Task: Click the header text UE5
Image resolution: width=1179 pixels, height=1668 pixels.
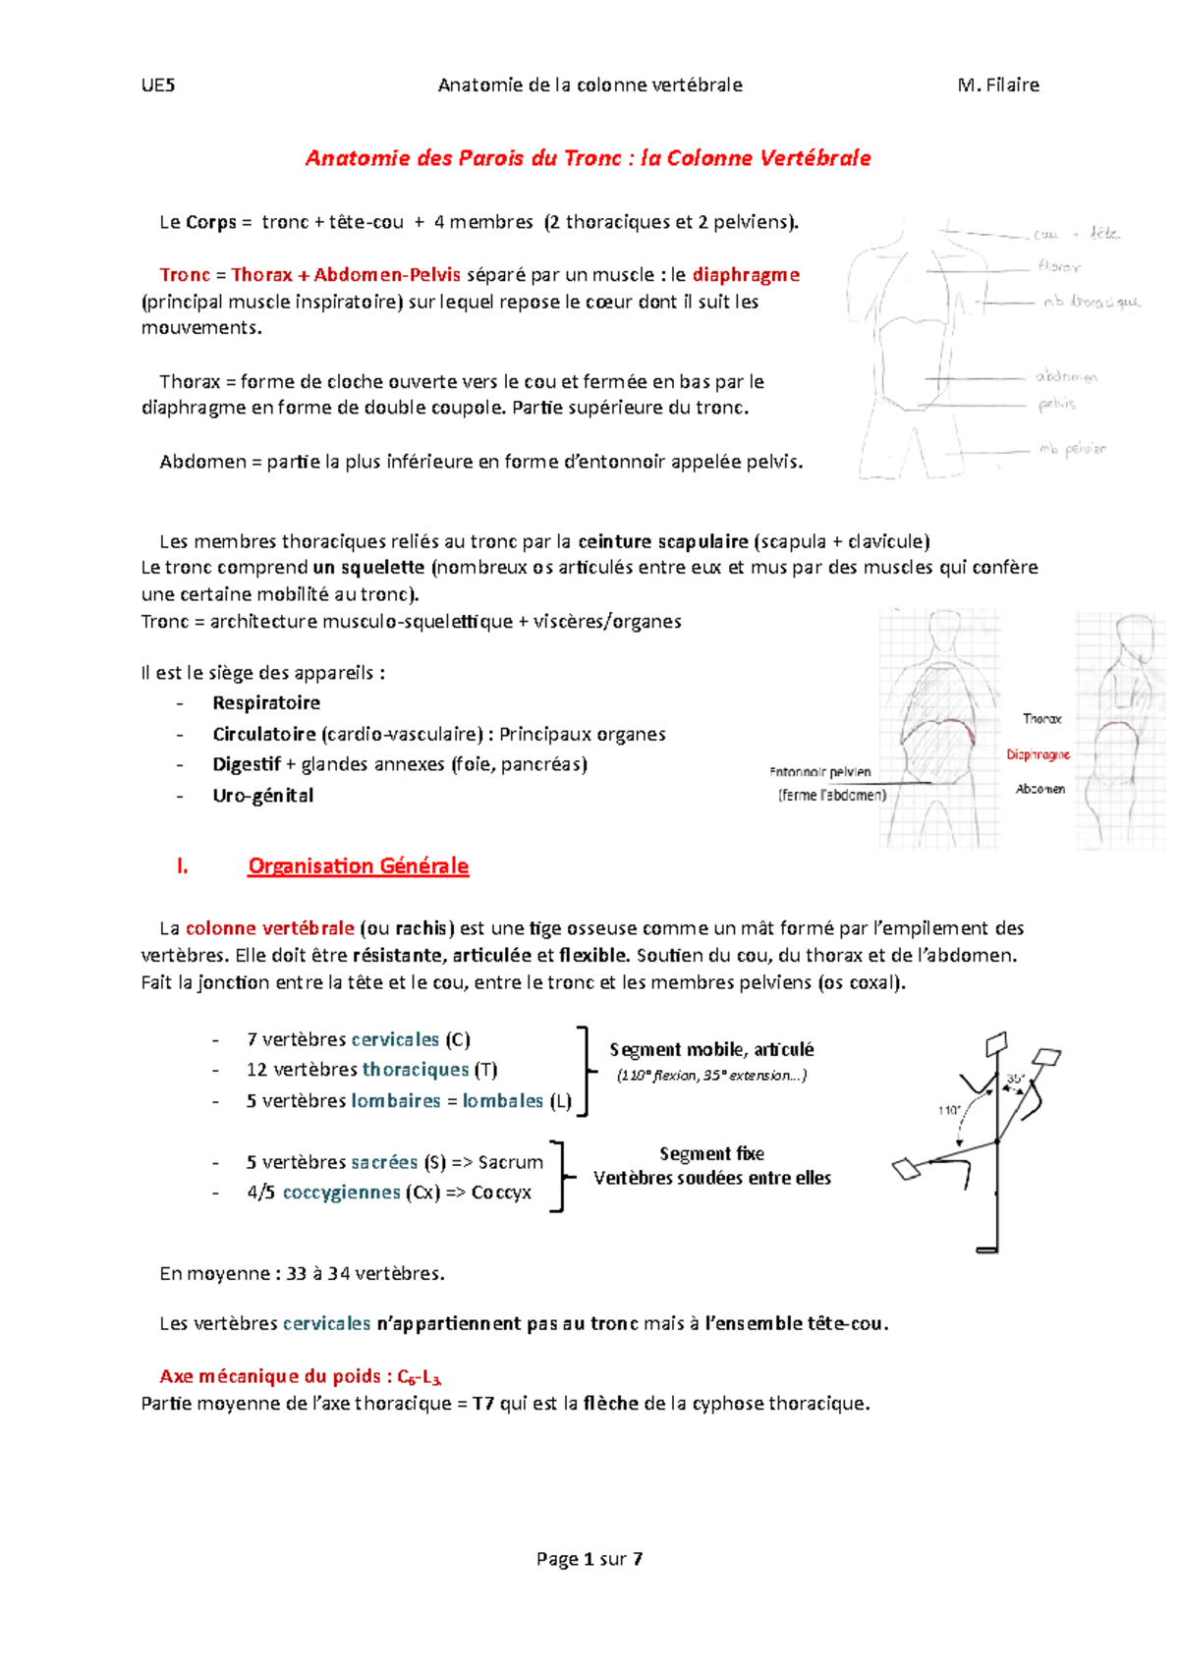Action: pyautogui.click(x=157, y=84)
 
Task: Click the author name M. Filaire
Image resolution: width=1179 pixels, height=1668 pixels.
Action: pyautogui.click(x=998, y=84)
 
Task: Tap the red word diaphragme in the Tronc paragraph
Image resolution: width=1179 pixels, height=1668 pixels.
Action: pyautogui.click(x=746, y=275)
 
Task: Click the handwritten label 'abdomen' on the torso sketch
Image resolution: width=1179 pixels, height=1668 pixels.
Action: pyautogui.click(x=1065, y=376)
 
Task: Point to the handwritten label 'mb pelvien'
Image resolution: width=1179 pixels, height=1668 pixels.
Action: pyautogui.click(x=1072, y=449)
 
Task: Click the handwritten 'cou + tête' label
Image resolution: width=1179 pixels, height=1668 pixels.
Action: pyautogui.click(x=1075, y=234)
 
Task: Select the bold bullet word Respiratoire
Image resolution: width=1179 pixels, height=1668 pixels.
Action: pyautogui.click(x=266, y=702)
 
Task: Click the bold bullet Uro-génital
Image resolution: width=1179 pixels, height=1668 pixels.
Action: pyautogui.click(x=262, y=795)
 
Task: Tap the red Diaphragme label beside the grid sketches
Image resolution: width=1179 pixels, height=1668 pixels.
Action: pyautogui.click(x=1038, y=754)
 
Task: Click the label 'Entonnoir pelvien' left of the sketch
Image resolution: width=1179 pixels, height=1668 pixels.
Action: pyautogui.click(x=820, y=772)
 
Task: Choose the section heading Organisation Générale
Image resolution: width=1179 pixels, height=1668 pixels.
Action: pyautogui.click(x=358, y=865)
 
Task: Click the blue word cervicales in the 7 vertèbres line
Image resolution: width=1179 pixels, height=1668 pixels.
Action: pyautogui.click(x=395, y=1039)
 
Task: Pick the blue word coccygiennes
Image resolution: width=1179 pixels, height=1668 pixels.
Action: pyautogui.click(x=341, y=1192)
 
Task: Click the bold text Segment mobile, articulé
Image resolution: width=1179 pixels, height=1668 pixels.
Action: pyautogui.click(x=711, y=1049)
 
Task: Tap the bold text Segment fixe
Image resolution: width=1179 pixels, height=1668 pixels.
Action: pyautogui.click(x=711, y=1153)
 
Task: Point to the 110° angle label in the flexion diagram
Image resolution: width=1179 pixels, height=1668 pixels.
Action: pyautogui.click(x=949, y=1110)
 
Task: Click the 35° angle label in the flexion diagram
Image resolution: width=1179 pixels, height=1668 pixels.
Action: pyautogui.click(x=1015, y=1079)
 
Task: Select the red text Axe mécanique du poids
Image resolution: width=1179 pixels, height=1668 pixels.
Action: pyautogui.click(x=271, y=1375)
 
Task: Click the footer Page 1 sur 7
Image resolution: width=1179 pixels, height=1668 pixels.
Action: pyautogui.click(x=589, y=1558)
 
